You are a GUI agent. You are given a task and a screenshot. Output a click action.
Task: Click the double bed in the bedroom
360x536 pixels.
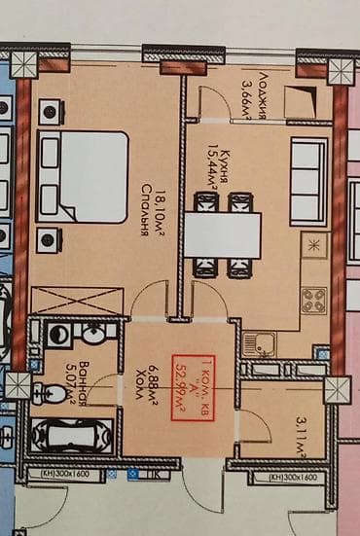pyautogui.click(x=83, y=175)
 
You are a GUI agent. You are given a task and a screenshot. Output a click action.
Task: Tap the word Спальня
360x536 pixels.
pyautogui.click(x=144, y=205)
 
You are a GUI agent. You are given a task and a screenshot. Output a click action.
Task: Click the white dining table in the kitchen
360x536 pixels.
pyautogui.click(x=223, y=234)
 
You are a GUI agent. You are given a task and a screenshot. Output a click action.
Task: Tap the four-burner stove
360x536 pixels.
pyautogui.click(x=313, y=302)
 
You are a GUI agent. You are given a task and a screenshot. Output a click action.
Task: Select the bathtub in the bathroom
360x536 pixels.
pyautogui.click(x=74, y=433)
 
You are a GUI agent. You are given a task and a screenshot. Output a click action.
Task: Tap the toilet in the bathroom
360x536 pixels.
pyautogui.click(x=45, y=393)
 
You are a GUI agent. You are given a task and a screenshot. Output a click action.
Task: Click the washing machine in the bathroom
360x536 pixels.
pyautogui.click(x=57, y=335)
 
